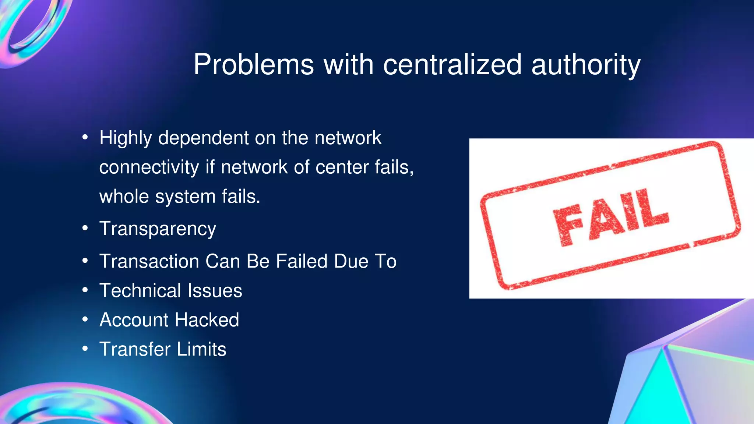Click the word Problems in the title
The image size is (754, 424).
tap(254, 65)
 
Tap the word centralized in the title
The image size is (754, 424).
tap(452, 65)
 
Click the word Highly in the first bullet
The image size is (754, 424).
tap(126, 139)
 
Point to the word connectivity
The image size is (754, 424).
tap(149, 167)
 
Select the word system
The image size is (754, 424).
tap(185, 197)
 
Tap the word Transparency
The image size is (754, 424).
tap(158, 229)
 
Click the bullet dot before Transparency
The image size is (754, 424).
tap(85, 228)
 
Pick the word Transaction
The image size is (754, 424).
tap(149, 261)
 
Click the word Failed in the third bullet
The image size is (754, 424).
tap(302, 261)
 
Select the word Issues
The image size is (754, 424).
tap(215, 291)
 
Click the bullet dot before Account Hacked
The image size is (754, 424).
tap(85, 319)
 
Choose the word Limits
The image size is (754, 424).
tap(201, 349)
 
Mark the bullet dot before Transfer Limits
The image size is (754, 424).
tap(85, 349)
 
